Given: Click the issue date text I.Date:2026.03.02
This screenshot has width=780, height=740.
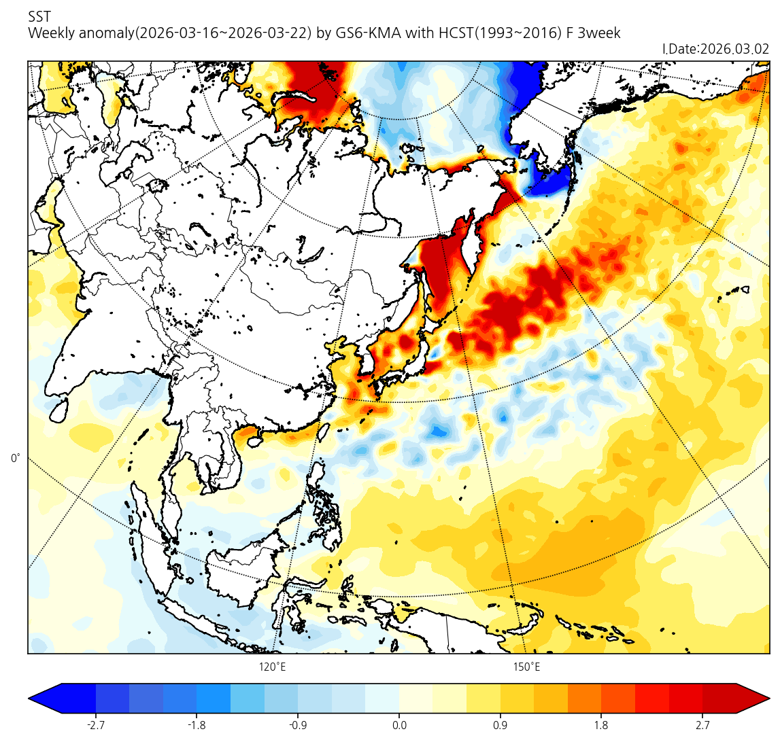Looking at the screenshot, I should [x=715, y=49].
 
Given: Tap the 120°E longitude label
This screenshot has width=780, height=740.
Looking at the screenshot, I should [x=272, y=667].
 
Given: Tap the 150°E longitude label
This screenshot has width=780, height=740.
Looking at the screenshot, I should [x=526, y=667].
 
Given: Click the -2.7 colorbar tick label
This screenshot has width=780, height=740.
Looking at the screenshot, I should [x=96, y=725].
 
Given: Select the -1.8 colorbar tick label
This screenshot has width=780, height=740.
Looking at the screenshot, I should [x=197, y=725].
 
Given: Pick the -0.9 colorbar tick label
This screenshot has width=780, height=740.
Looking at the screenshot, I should [x=298, y=725].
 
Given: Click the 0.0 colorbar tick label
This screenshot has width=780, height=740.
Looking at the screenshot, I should [x=399, y=725].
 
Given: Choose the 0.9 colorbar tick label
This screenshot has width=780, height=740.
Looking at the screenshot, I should [x=501, y=725].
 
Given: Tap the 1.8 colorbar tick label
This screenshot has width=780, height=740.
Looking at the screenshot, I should [x=601, y=725].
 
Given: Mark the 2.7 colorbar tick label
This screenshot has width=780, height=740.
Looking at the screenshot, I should [x=702, y=725].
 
